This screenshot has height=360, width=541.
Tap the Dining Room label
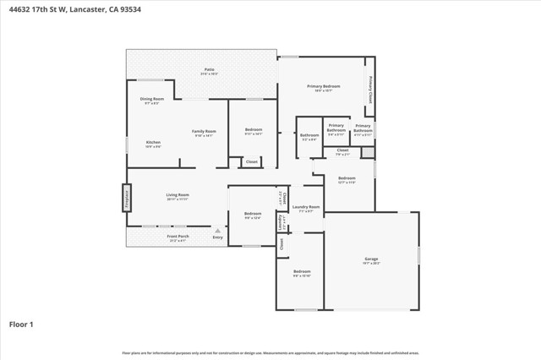point(151,99)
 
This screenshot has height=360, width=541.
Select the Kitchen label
point(153,142)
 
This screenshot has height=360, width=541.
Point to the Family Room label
point(204,131)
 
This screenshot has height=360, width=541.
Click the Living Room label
point(177,195)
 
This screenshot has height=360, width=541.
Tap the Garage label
point(371,259)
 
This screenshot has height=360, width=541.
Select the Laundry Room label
point(305,207)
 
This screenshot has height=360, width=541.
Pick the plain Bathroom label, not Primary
point(309,135)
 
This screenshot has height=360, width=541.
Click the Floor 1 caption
point(22,324)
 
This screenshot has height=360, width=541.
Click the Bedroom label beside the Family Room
point(253,129)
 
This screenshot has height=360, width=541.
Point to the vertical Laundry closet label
point(281,221)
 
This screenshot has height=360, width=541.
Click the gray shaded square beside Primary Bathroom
point(366,152)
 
